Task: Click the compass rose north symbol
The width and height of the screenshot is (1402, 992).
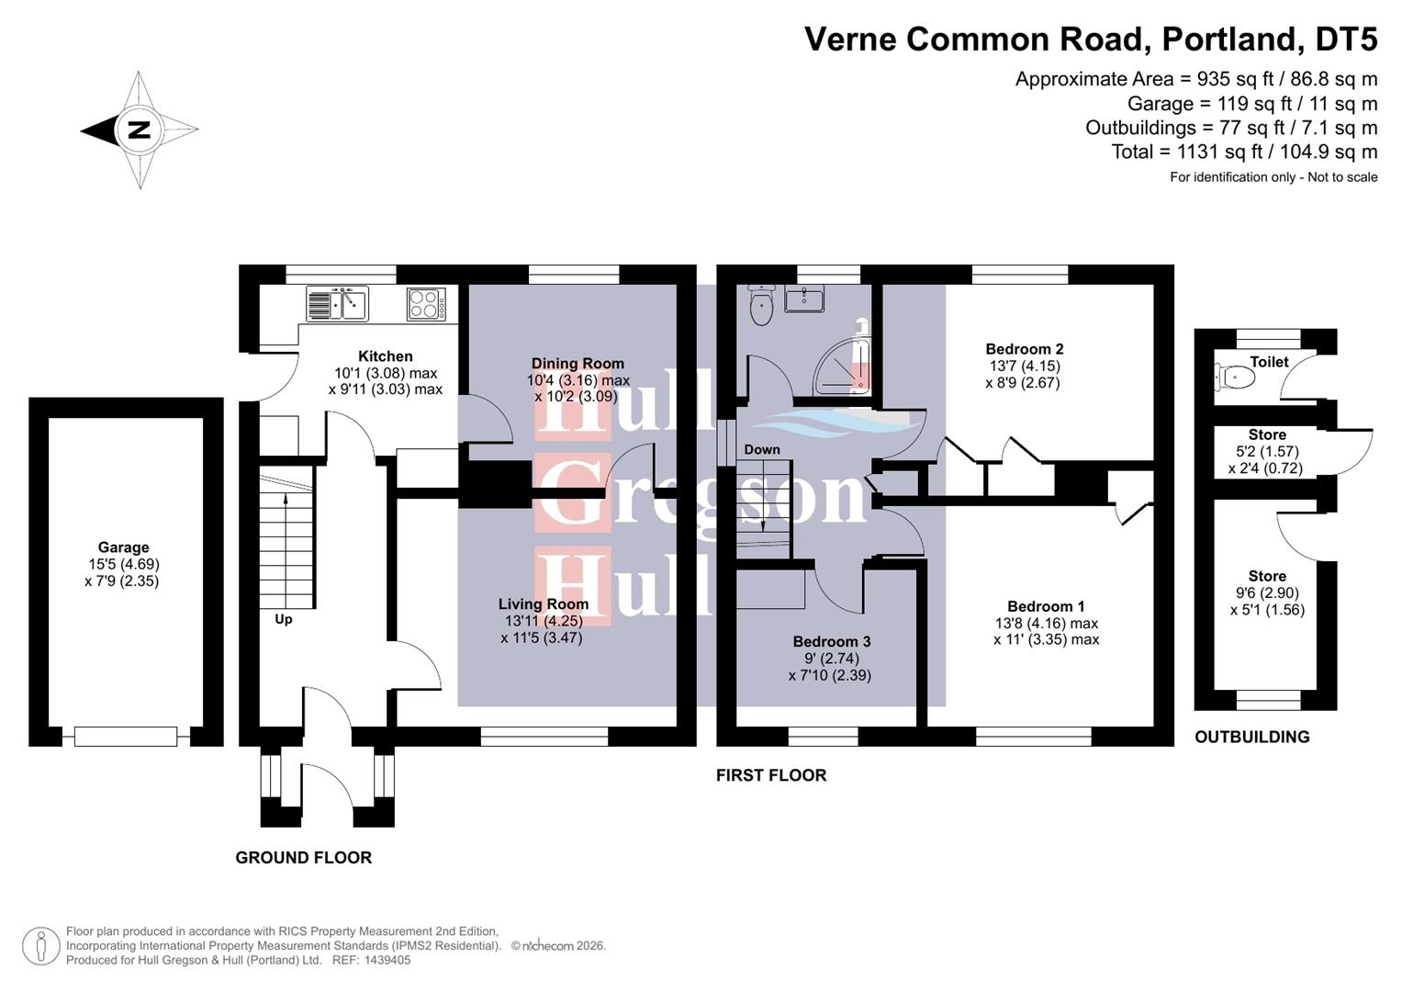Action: point(139,130)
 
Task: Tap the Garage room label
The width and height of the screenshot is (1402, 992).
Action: point(123,547)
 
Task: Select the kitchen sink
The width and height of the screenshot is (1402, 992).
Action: point(337,304)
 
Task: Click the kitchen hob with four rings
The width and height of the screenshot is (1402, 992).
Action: point(426,304)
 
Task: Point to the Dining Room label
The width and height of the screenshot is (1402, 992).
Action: point(578,364)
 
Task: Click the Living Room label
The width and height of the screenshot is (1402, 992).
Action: point(543,604)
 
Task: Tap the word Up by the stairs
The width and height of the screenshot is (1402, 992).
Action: point(284,620)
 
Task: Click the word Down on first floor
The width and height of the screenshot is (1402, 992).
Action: point(762,450)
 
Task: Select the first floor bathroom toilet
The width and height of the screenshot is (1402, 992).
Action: point(762,306)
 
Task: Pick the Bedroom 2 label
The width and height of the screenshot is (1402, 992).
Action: point(1024,349)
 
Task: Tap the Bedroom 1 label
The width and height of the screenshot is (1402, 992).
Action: point(1046,606)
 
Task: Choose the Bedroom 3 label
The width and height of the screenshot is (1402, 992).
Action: point(831,642)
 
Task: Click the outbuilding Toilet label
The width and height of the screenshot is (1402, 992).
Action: point(1269,362)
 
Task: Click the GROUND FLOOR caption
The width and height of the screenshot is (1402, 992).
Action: point(303,858)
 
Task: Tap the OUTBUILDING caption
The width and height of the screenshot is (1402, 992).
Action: point(1251,738)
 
